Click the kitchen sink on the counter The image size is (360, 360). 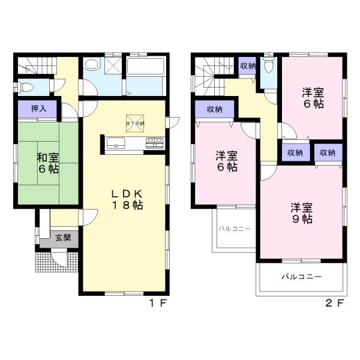[116, 143]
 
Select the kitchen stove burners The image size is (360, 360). [155, 143]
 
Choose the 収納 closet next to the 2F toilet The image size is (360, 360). [248, 65]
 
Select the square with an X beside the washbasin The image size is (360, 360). [113, 65]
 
